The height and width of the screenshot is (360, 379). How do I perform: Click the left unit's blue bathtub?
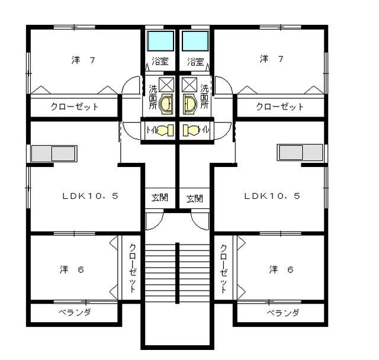160,41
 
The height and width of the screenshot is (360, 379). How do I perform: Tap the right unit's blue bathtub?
195,41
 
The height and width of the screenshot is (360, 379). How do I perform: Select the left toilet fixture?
165,130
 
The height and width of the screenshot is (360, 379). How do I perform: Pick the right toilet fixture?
191,130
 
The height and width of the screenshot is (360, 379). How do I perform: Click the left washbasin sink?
166,104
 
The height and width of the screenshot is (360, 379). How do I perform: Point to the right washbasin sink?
190,104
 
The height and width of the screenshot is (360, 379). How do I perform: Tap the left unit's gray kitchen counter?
54,154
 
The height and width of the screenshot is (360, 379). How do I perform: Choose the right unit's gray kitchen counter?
300,152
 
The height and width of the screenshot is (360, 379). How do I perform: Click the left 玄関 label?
160,198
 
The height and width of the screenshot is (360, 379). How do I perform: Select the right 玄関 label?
195,199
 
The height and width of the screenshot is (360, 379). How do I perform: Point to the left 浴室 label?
160,62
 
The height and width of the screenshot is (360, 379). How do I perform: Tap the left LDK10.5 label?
91,196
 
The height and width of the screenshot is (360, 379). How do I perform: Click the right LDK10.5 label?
272,196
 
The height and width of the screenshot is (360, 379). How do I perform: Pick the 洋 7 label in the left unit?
83,60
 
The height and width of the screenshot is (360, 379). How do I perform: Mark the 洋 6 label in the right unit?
281,269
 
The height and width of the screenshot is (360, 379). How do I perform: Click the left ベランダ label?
75,312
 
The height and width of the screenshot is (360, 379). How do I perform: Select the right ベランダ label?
283,313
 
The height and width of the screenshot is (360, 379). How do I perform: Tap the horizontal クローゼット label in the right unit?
280,107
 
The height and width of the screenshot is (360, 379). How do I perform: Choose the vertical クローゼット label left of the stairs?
133,268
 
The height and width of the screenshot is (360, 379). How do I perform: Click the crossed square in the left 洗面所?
166,85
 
